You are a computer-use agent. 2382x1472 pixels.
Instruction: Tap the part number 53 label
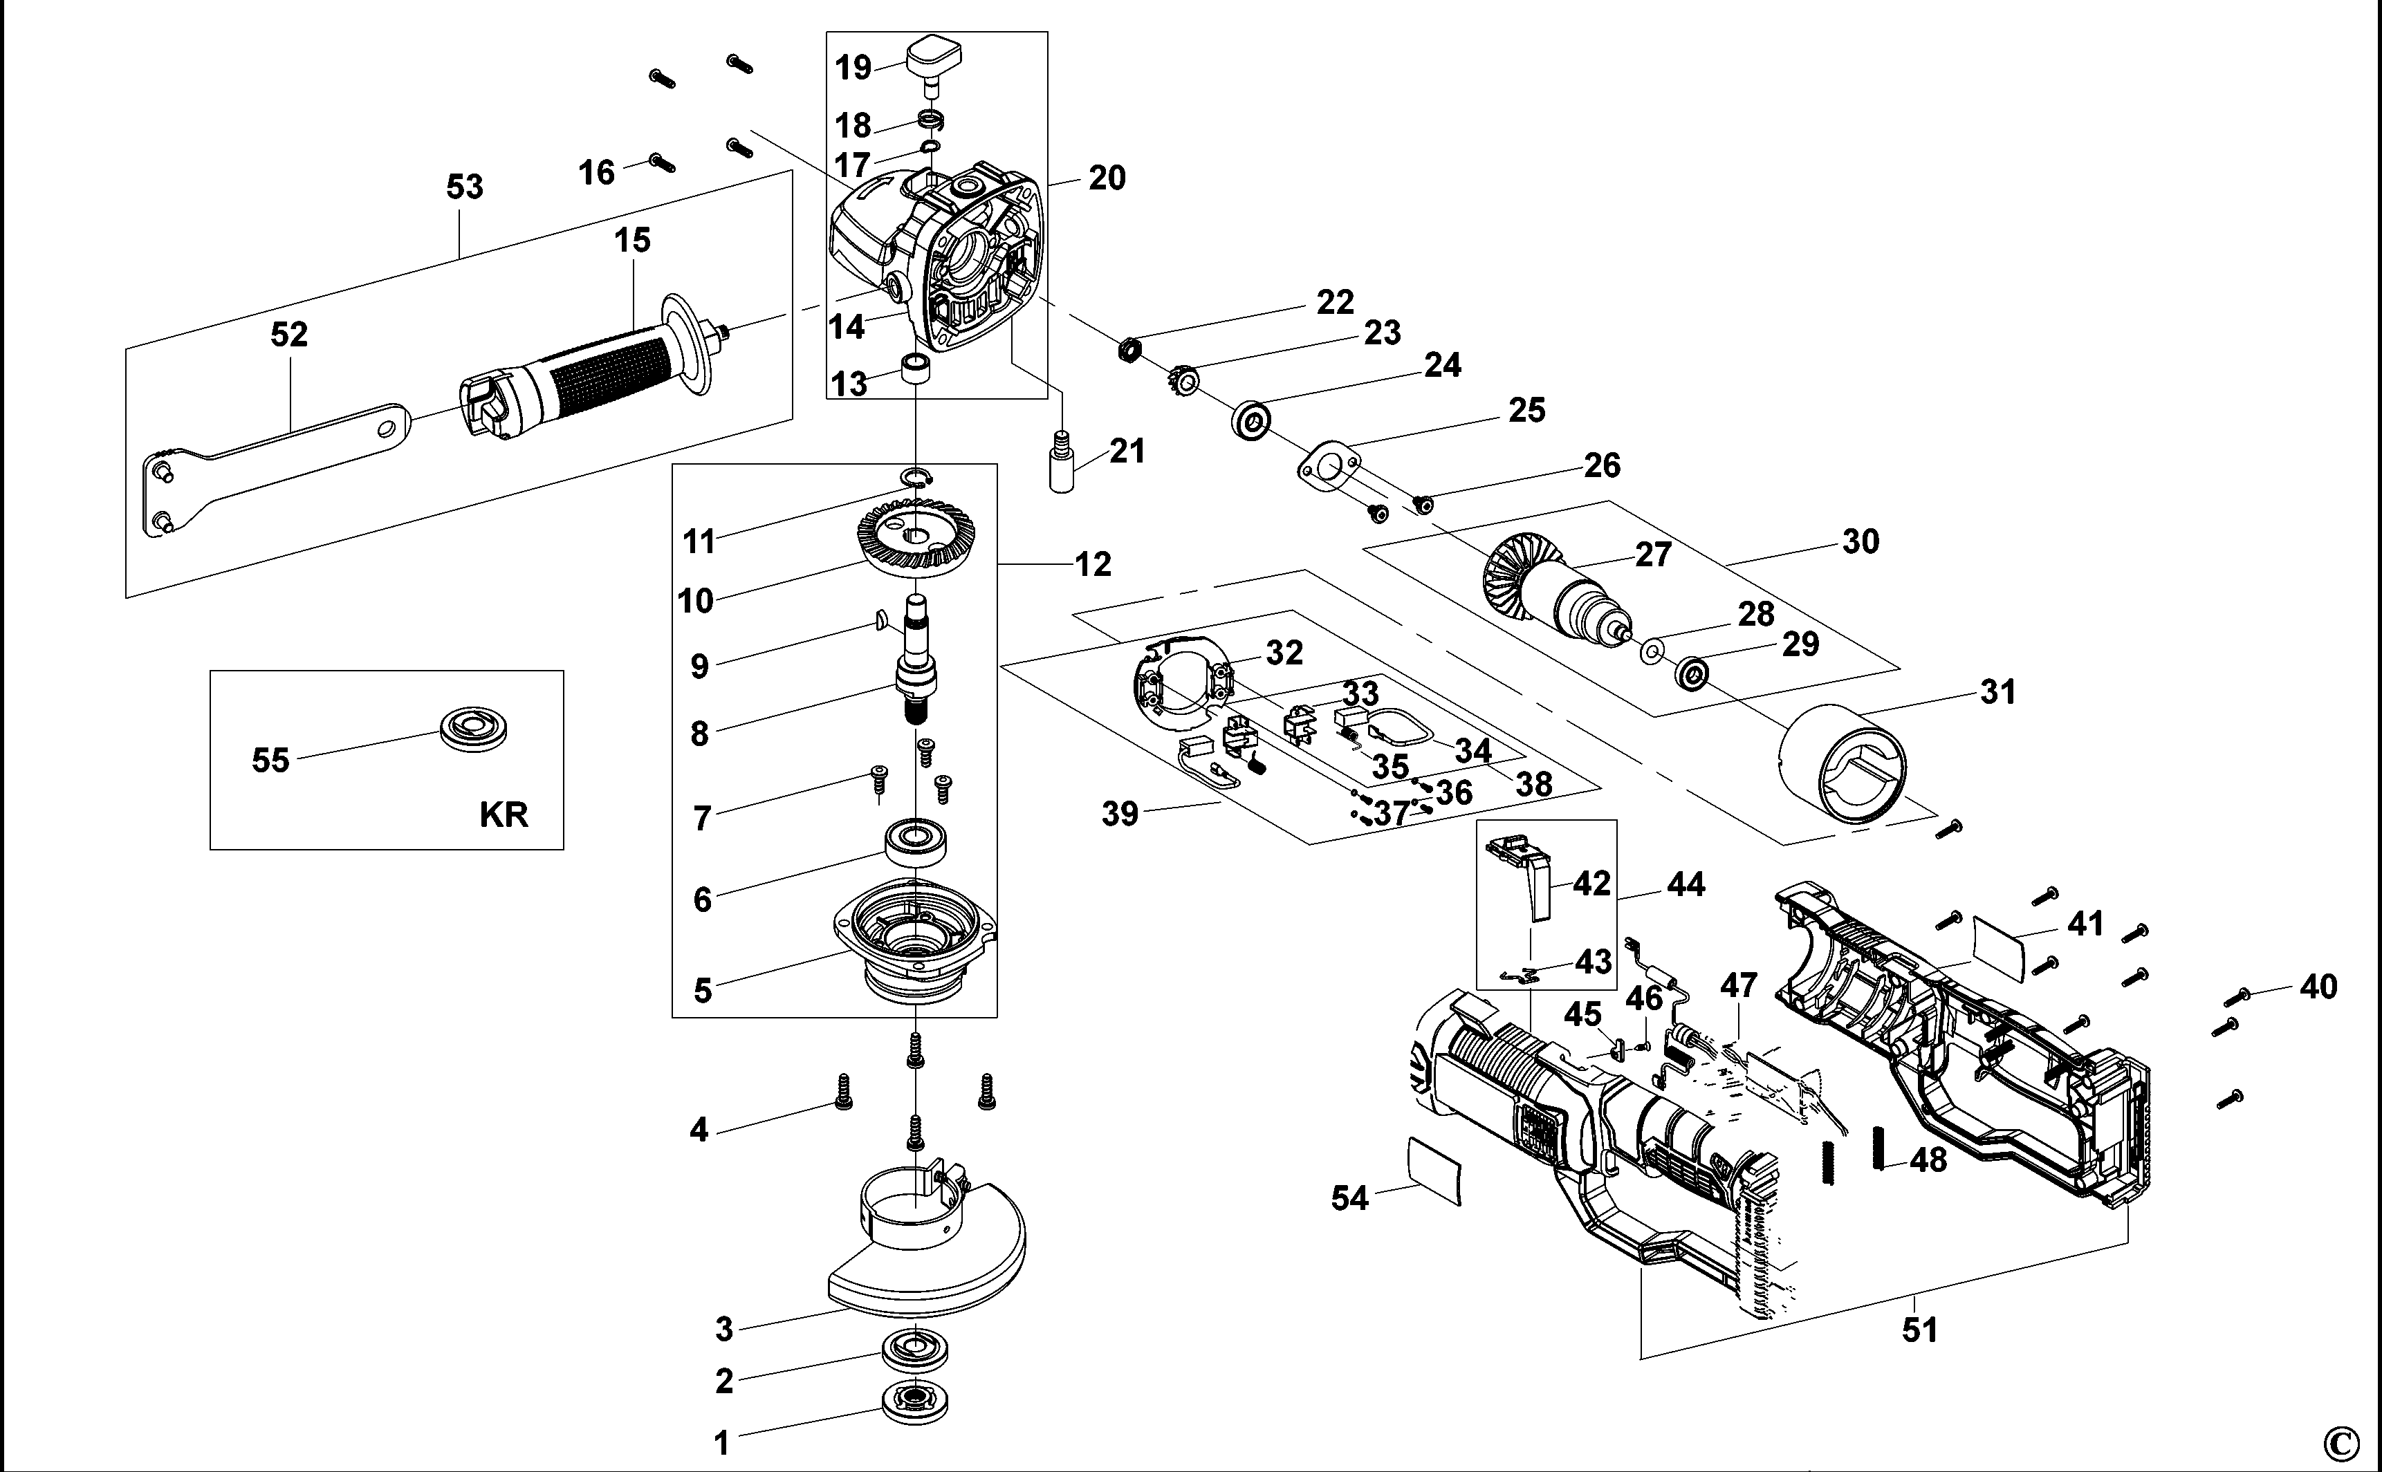pos(465,187)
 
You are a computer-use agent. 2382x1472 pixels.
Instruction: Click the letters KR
pos(504,814)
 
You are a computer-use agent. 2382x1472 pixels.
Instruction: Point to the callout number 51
pos(1919,1330)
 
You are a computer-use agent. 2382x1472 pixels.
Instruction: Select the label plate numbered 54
pos(1435,1172)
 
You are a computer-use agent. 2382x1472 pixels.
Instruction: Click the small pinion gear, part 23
pos(1183,379)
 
